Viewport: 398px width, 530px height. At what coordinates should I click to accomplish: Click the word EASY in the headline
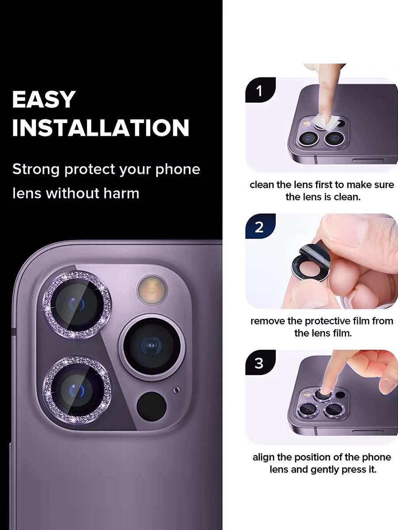[44, 100]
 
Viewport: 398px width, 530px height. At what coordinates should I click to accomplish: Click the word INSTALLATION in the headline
[101, 127]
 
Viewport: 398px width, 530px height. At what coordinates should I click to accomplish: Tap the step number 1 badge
[260, 90]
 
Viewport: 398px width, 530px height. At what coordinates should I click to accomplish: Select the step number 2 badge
[260, 227]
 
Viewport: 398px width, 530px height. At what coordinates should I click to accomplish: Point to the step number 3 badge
[260, 363]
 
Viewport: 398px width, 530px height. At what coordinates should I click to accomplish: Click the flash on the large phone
[152, 289]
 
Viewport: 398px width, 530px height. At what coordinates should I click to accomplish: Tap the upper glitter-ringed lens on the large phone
[77, 305]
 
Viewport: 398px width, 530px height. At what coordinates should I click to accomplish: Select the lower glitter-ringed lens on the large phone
[77, 390]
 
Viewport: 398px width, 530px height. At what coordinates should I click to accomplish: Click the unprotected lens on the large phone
[152, 346]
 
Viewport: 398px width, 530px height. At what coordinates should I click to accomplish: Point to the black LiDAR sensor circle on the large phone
[151, 406]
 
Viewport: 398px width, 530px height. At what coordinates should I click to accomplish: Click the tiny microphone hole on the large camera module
[176, 390]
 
